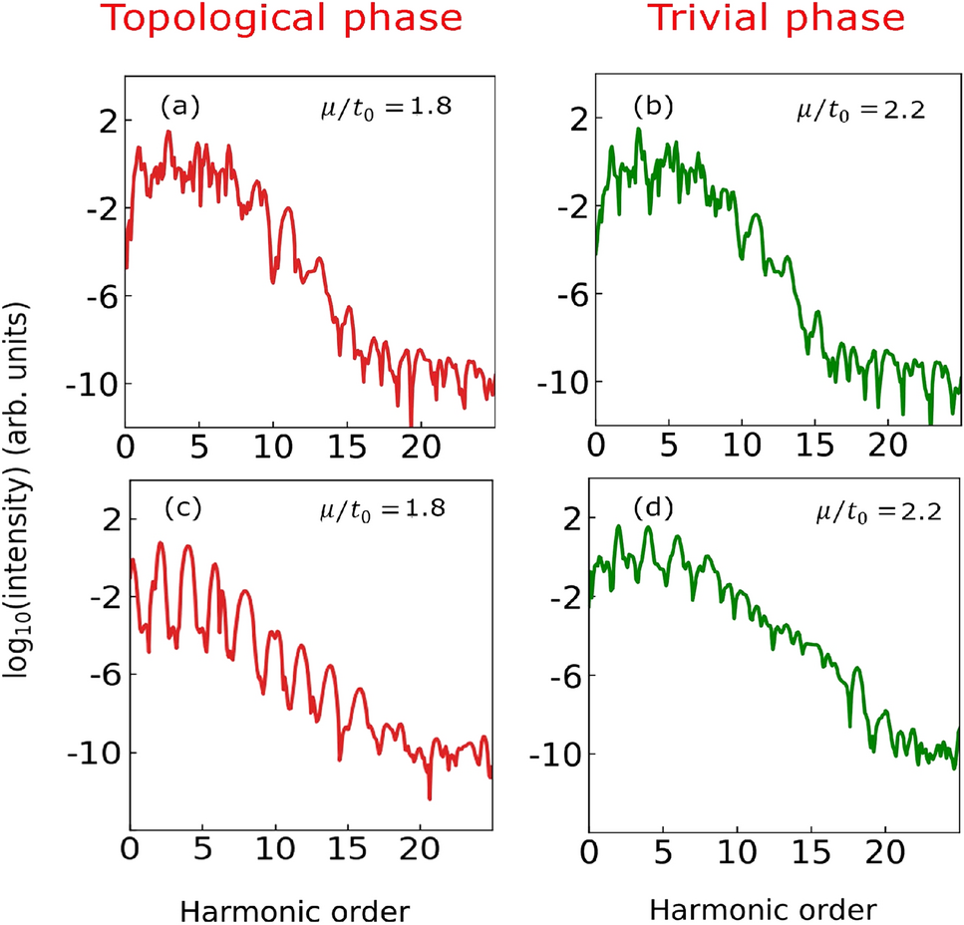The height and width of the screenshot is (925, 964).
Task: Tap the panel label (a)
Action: tap(180, 106)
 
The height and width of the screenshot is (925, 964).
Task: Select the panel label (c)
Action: tap(182, 507)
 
